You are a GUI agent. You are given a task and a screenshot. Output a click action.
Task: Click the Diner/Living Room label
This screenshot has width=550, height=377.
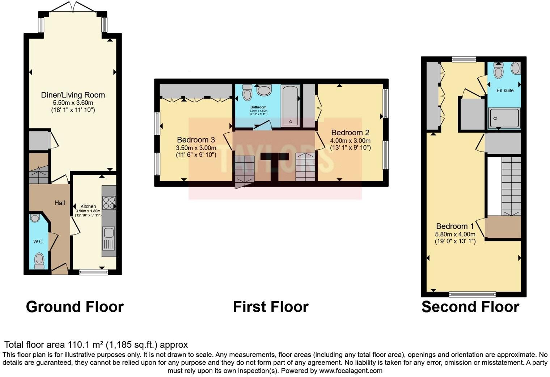coord(73,95)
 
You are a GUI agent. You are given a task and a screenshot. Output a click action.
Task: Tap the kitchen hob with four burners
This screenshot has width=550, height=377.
coord(109,202)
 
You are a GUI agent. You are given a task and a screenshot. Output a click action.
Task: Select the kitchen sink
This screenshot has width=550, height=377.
coord(109,238)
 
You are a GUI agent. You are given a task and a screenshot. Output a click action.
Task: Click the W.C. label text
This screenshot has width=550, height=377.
coord(38,241)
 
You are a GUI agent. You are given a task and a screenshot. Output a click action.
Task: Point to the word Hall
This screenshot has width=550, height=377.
coord(60,203)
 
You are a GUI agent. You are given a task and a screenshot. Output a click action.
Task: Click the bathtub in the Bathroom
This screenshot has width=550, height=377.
coord(291,105)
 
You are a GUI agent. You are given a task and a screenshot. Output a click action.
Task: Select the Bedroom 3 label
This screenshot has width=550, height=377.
coord(196,140)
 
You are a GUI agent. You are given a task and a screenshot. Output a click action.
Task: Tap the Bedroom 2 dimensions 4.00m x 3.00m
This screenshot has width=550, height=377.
coord(350,141)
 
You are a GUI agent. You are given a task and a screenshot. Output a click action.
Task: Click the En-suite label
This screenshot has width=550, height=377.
coord(505,90)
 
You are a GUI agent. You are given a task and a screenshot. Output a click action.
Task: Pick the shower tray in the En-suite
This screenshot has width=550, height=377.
coord(504,118)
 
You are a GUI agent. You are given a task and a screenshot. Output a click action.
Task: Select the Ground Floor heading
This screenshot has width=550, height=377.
coord(75,307)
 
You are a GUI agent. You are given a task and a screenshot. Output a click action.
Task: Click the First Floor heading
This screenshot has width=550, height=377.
coord(271,307)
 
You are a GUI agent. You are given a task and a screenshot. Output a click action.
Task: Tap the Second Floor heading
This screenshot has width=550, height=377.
coord(470,307)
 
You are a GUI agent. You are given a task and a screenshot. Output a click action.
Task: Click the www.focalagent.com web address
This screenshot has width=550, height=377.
coord(351,370)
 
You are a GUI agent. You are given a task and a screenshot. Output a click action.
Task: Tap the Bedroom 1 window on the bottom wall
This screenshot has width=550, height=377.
coord(472,294)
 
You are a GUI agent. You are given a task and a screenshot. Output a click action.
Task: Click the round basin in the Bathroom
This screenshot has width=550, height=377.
coord(264,91)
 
